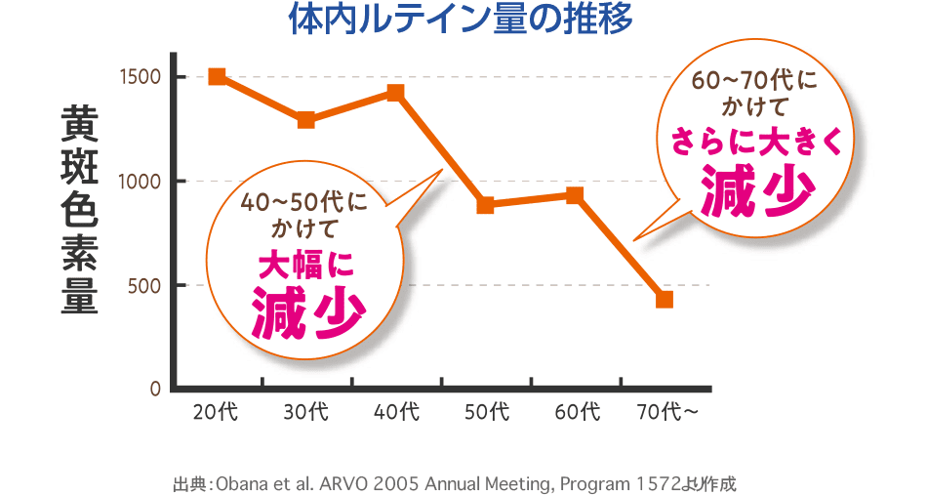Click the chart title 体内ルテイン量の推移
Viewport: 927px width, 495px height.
(462, 20)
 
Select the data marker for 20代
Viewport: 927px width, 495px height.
(217, 76)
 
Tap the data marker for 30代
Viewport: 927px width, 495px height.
(305, 120)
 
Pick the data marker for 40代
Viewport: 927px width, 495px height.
(395, 93)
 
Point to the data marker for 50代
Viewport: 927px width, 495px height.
(485, 205)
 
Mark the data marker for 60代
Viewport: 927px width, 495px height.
(575, 195)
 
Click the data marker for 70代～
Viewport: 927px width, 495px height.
(665, 299)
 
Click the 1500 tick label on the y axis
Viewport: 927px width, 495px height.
(140, 77)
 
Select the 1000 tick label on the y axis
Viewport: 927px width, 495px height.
(140, 182)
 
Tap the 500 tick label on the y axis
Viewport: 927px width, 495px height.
(144, 285)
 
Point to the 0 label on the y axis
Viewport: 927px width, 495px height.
(155, 389)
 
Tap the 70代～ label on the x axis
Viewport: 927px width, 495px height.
(667, 412)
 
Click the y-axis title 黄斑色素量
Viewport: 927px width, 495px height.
(80, 210)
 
